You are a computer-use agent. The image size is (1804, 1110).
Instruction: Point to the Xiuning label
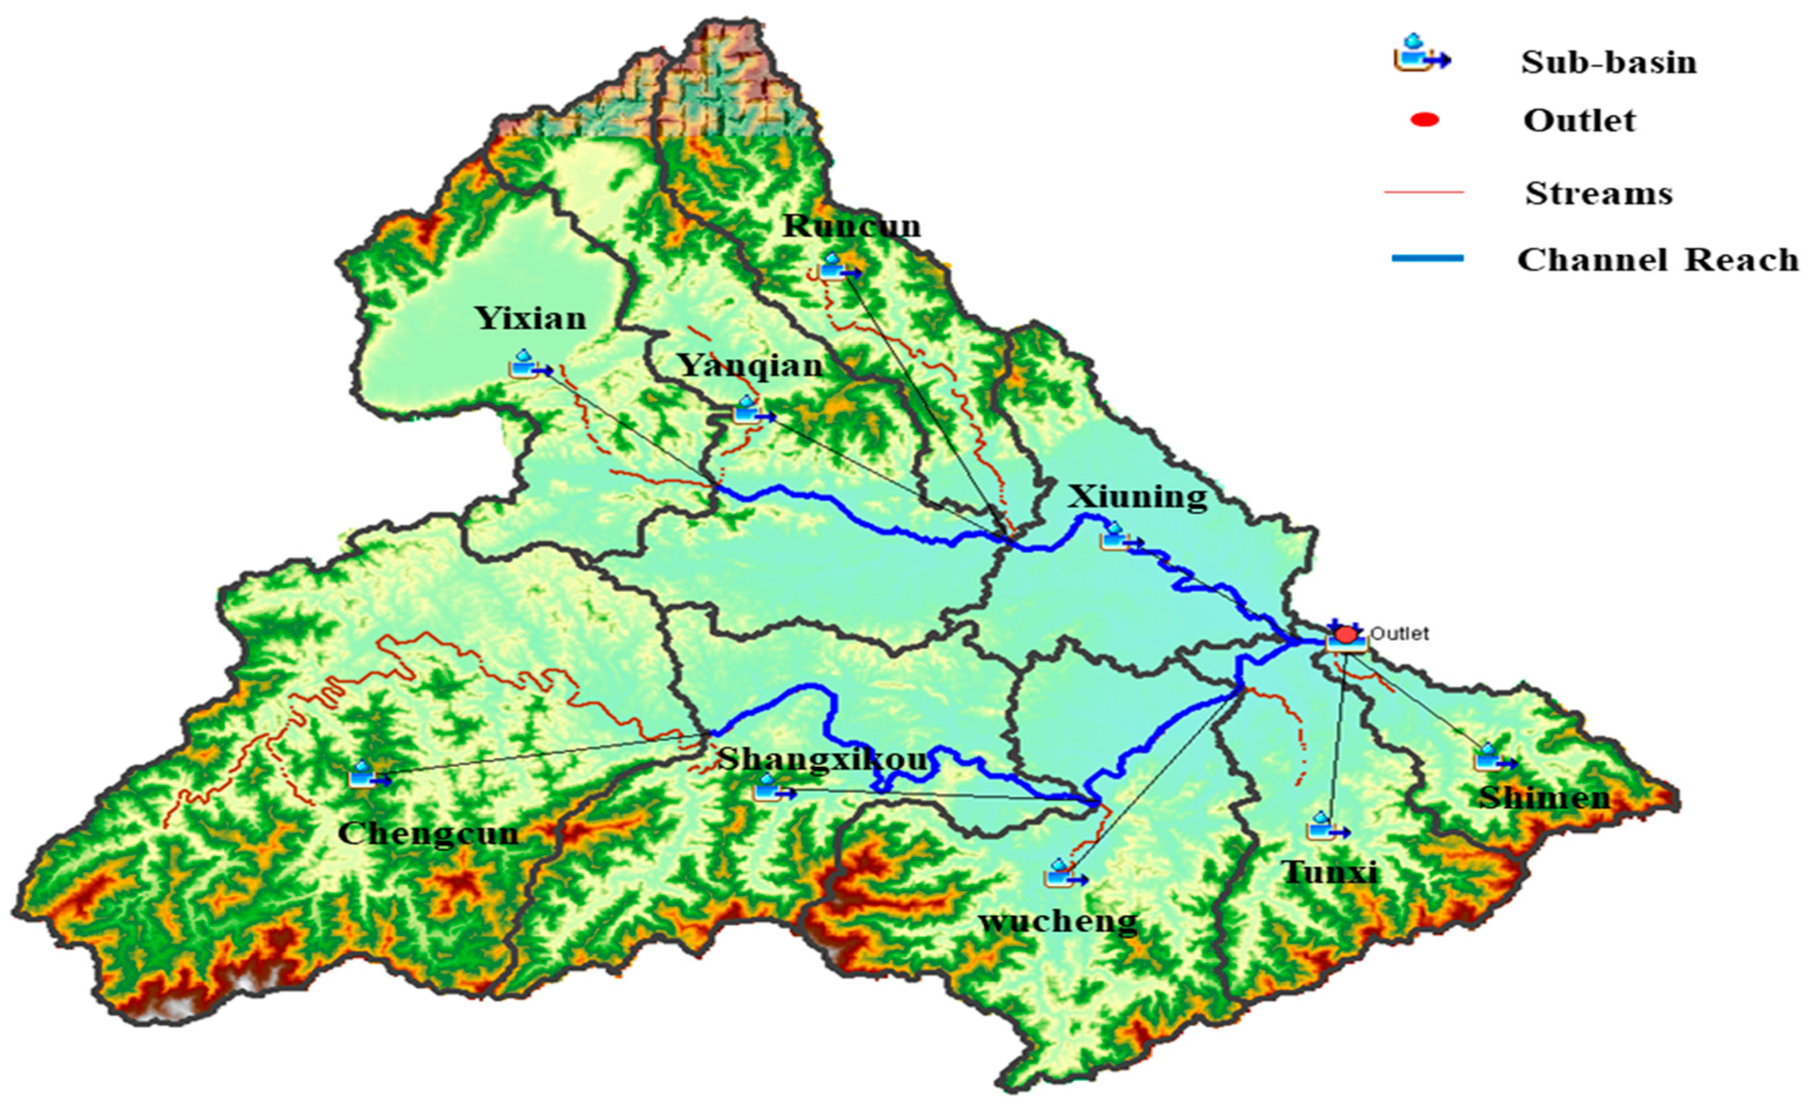[x=1136, y=497]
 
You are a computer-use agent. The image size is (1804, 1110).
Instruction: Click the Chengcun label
[x=428, y=833]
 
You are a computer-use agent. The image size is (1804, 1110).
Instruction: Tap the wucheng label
[x=1058, y=920]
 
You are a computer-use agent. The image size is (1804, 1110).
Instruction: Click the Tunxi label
[x=1329, y=872]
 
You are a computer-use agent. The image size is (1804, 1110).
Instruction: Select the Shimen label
[x=1544, y=797]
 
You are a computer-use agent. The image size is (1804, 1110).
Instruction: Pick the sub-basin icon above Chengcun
[x=367, y=775]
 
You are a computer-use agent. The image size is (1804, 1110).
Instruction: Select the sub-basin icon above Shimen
[x=1493, y=759]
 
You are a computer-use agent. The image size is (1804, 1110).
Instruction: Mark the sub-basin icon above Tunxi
[x=1326, y=828]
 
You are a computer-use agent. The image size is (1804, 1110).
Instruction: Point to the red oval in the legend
[x=1424, y=120]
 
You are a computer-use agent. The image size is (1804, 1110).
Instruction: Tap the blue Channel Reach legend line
[x=1427, y=258]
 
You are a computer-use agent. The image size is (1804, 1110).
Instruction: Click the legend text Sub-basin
[x=1608, y=62]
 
